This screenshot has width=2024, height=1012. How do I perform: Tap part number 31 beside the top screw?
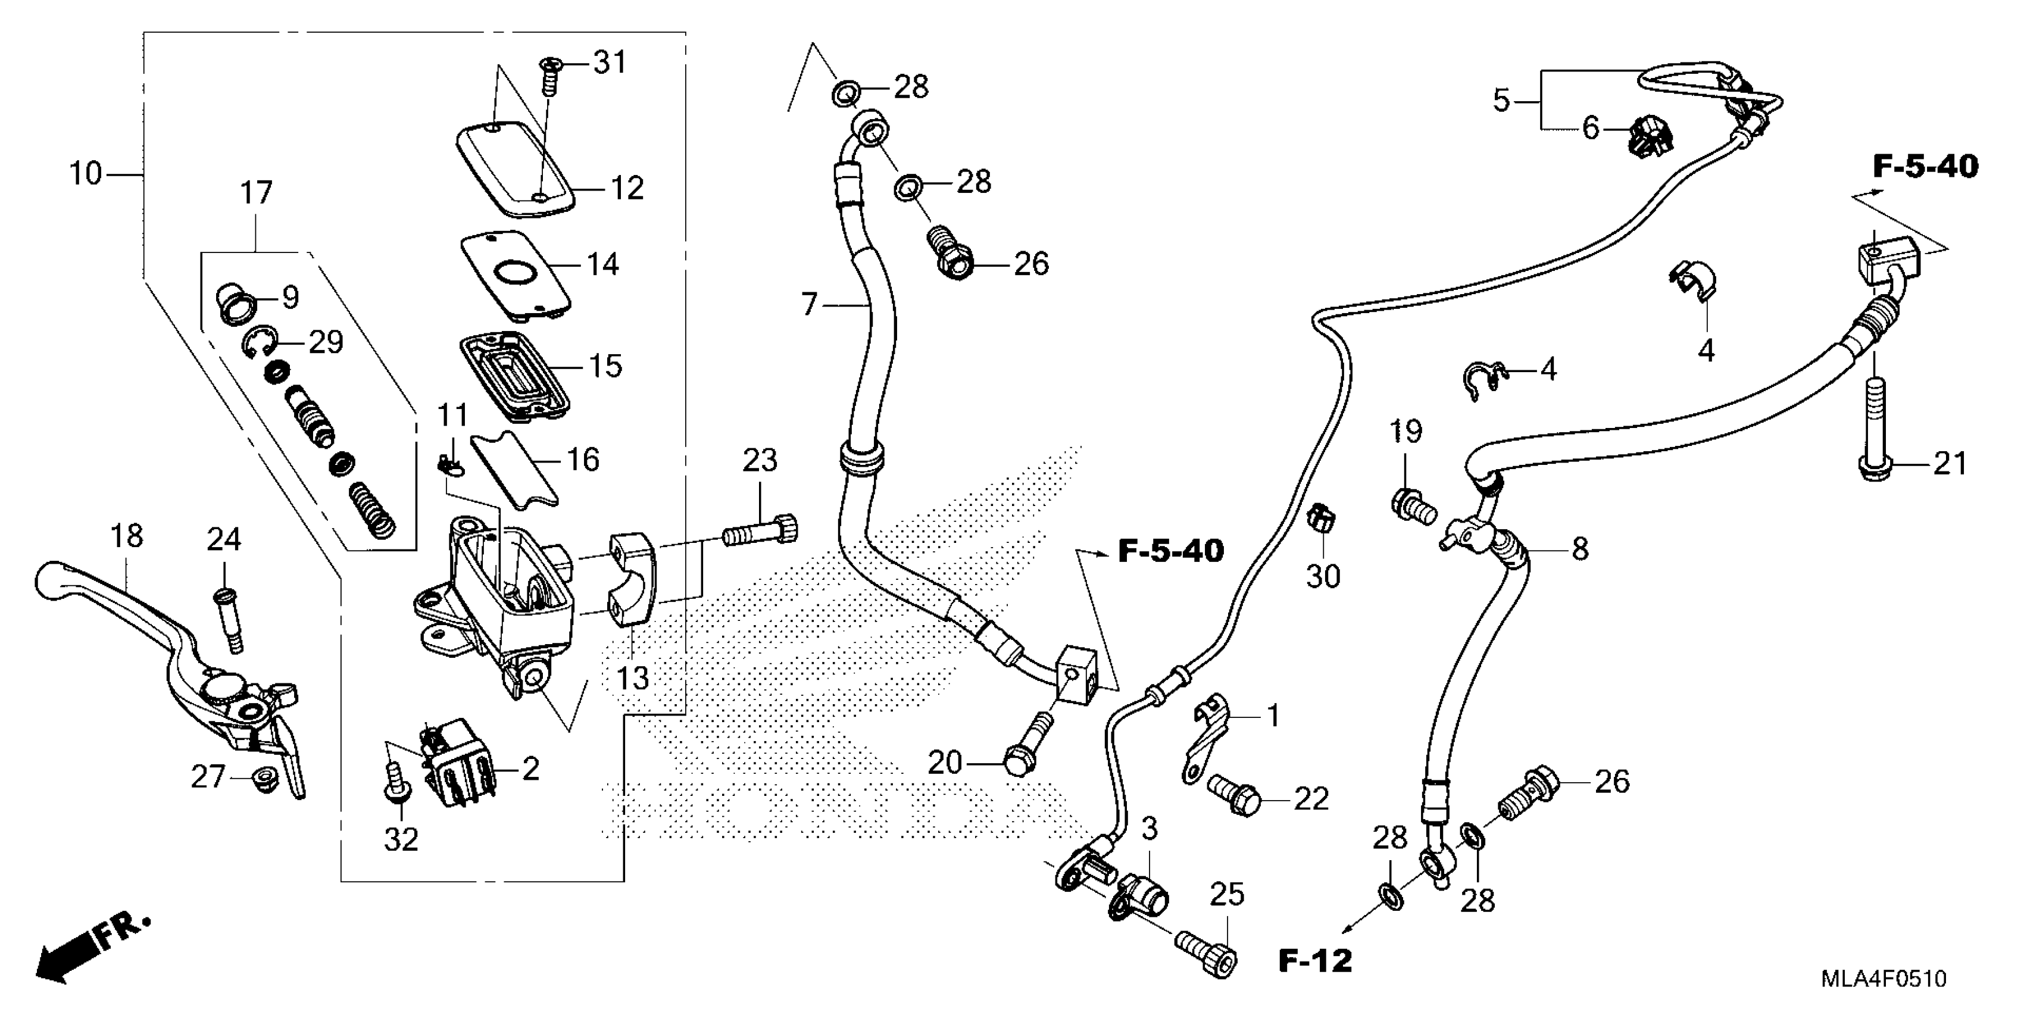[x=610, y=62]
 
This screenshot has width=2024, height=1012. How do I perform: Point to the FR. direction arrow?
[x=86, y=949]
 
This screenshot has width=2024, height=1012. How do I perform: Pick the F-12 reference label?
[x=1314, y=960]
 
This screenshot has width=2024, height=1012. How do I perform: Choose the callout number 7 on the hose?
[x=809, y=304]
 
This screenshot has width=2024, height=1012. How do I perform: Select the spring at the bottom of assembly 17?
[x=371, y=508]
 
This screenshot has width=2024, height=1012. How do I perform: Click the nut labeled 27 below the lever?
[x=262, y=780]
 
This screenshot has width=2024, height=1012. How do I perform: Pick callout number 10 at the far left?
[x=85, y=173]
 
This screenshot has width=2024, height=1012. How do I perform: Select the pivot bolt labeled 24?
[x=226, y=621]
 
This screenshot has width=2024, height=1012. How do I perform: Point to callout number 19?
[x=1405, y=432]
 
